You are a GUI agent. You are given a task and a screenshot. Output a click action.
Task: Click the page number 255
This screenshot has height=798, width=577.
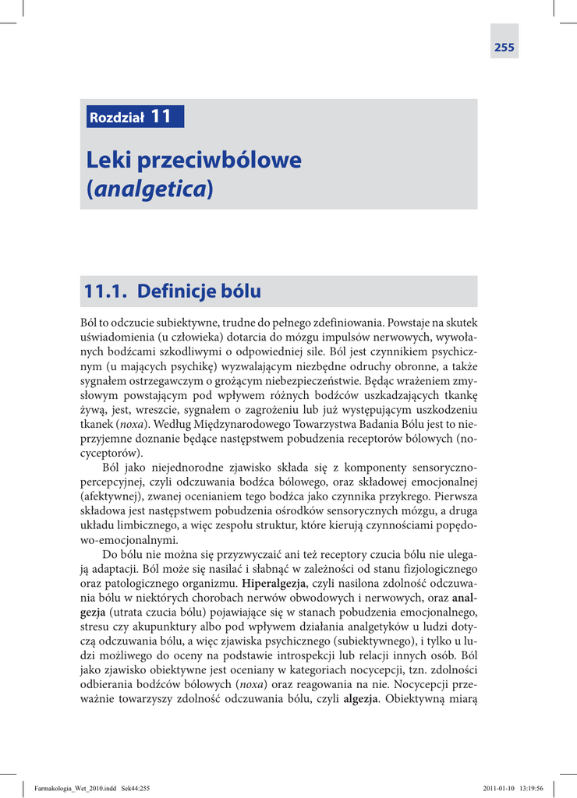tap(504, 48)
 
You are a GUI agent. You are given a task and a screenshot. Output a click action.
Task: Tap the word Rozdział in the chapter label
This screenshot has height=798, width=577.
tap(117, 118)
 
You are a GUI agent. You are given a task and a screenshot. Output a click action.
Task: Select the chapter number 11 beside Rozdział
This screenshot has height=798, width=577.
tap(161, 116)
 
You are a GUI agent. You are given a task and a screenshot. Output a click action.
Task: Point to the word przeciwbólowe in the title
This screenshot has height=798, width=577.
tap(219, 161)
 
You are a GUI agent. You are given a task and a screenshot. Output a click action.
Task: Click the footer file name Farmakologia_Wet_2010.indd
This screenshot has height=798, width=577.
tap(71, 788)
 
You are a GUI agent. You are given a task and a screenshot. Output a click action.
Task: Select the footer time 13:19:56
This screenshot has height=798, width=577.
tap(536, 788)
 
